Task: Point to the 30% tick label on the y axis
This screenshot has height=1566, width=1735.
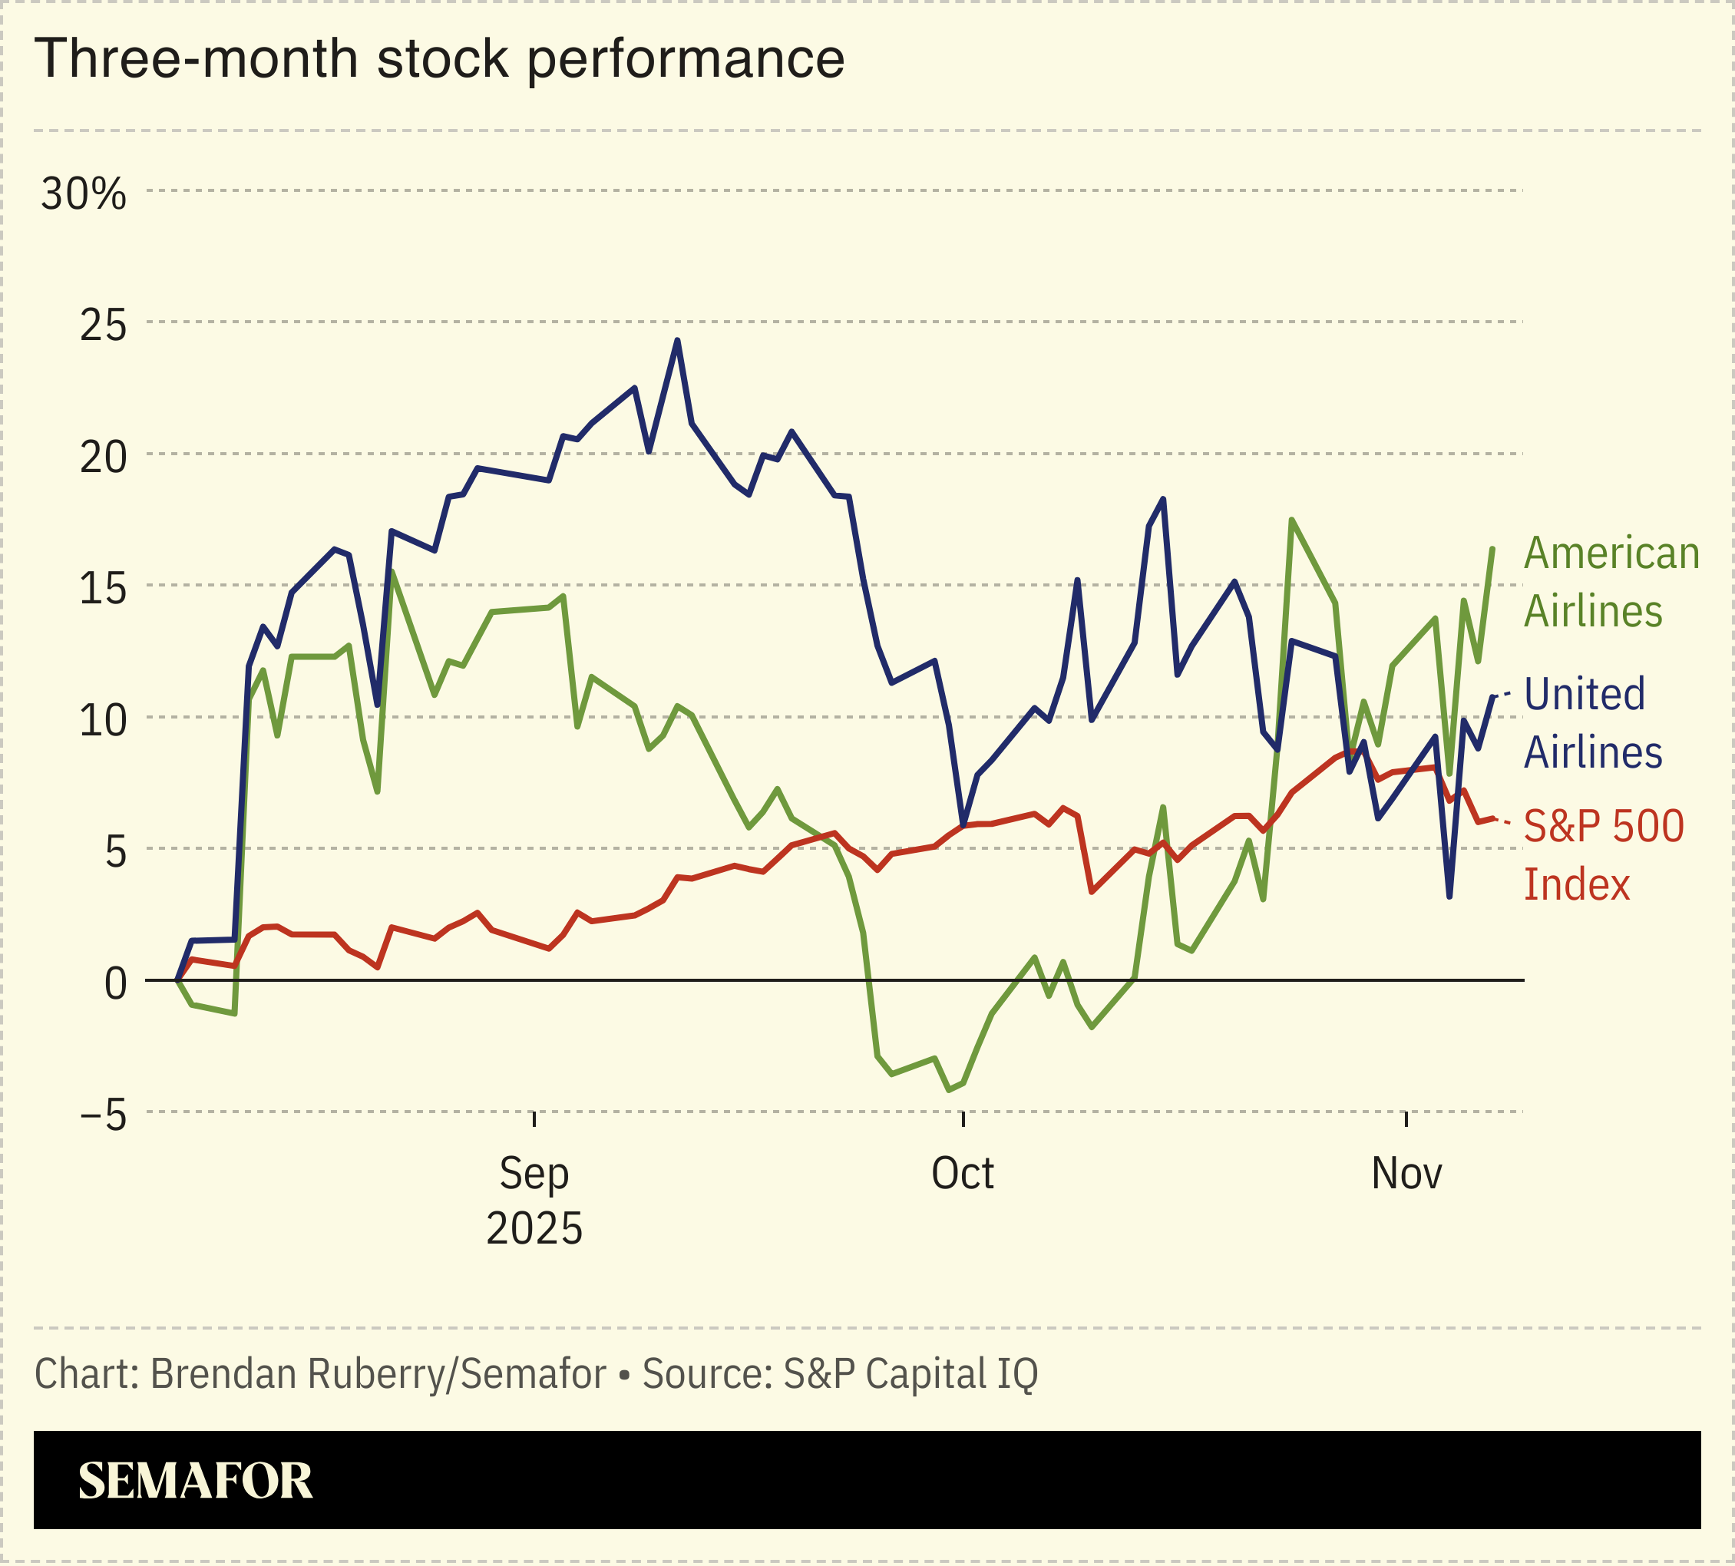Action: point(84,194)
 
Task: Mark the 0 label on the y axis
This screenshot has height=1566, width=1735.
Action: point(114,983)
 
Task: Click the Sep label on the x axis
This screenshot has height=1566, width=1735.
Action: point(534,1174)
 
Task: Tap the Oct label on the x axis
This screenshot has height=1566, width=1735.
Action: point(962,1174)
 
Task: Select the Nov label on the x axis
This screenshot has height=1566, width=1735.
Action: point(1406,1174)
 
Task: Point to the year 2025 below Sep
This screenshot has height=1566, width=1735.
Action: point(534,1229)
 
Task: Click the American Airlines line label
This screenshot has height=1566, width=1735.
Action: point(1611,583)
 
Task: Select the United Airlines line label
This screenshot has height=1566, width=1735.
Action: point(1592,723)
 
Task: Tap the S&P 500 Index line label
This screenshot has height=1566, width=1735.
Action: point(1602,855)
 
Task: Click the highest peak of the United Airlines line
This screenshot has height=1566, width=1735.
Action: point(677,341)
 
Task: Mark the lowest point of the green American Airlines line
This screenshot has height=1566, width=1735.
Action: point(948,1090)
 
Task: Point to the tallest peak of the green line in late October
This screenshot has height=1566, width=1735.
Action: point(1292,520)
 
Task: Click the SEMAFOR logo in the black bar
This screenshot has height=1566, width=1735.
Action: point(194,1481)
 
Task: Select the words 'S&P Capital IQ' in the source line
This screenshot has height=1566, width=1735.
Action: point(910,1374)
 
